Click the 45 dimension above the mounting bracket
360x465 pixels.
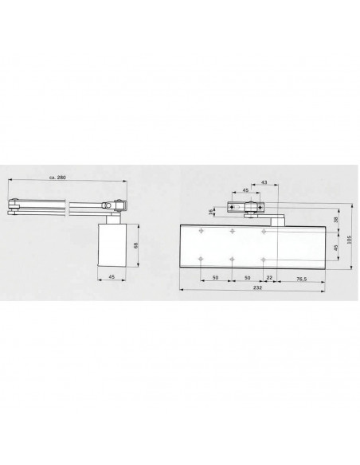click(245, 191)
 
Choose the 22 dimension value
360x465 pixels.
click(270, 277)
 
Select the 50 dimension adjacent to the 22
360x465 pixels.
click(248, 277)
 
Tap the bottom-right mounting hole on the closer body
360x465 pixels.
click(264, 260)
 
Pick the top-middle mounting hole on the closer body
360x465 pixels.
click(232, 231)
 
